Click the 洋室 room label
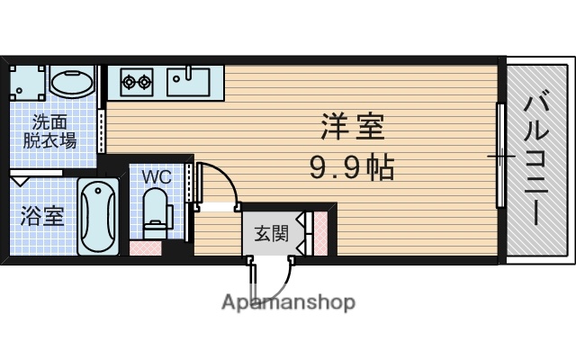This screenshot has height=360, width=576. tap(354, 127)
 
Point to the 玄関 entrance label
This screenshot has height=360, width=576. tap(271, 235)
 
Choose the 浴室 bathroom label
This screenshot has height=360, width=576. tap(42, 216)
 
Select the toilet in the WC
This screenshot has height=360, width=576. tap(157, 209)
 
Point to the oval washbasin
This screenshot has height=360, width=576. tap(71, 84)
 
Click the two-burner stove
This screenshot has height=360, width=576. tap(137, 83)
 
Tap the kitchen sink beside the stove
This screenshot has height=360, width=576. tap(188, 82)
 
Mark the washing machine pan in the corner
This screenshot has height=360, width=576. tap(26, 84)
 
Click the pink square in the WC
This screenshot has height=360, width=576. tap(143, 246)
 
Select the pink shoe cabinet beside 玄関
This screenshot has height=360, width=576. tap(318, 233)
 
